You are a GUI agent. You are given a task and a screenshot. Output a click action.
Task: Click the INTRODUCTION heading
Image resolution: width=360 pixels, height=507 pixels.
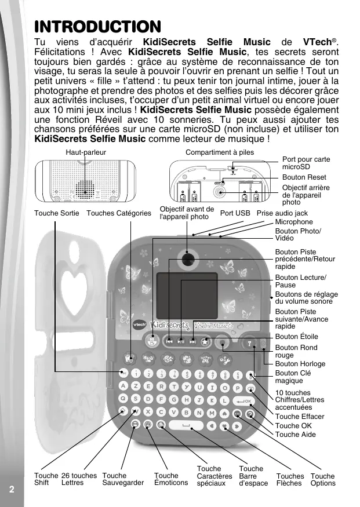pos(97,26)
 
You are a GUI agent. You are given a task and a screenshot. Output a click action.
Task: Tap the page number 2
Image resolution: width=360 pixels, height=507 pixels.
pos(11,488)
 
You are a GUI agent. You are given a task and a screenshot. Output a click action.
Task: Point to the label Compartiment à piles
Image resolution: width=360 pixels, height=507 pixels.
pos(220,152)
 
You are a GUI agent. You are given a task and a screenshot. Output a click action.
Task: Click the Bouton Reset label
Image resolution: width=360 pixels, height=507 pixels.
pos(304,177)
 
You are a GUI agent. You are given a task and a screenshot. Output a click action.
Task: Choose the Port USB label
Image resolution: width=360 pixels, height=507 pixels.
pos(235,213)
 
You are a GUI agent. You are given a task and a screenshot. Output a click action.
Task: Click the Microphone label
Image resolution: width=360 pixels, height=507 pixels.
pos(294,222)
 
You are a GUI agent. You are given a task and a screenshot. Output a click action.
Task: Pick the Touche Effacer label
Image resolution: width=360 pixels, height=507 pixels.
pos(300,417)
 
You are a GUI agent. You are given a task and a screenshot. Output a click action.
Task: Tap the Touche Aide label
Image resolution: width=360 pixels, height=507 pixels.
pos(296,435)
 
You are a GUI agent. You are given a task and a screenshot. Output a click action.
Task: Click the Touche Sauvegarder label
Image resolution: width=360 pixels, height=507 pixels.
pos(122,479)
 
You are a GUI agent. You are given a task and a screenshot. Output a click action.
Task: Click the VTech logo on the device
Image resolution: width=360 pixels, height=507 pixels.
pos(139,325)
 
